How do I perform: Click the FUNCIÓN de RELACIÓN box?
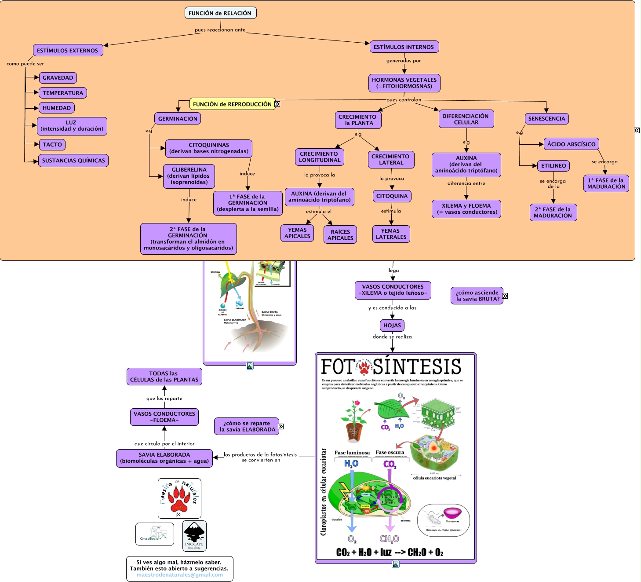(x=220, y=13)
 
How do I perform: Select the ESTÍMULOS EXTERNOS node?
(x=68, y=50)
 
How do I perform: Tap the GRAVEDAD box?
(x=58, y=78)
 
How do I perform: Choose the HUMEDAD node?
(x=57, y=108)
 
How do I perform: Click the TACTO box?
(x=52, y=144)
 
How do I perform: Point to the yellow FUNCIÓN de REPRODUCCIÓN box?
(x=232, y=104)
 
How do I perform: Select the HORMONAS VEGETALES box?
(x=404, y=83)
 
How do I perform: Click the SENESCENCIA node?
(x=546, y=119)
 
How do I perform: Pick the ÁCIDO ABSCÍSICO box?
(x=571, y=144)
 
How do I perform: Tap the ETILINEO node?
(x=554, y=166)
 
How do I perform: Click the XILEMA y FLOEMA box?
(x=466, y=209)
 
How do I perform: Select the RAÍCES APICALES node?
(x=340, y=234)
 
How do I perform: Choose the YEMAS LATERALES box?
(x=391, y=234)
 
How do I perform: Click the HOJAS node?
(x=392, y=326)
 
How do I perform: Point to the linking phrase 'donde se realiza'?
(x=392, y=337)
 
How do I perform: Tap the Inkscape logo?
(x=194, y=536)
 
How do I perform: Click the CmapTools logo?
(x=155, y=534)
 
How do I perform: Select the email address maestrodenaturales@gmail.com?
(x=179, y=575)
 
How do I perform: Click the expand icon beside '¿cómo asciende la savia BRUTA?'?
(x=505, y=296)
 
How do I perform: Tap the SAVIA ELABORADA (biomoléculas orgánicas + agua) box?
(x=164, y=458)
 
